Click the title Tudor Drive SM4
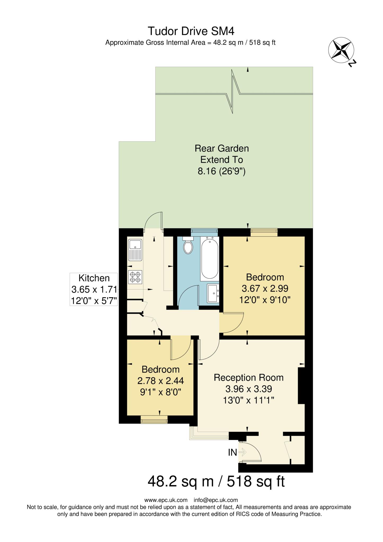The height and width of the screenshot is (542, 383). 191,31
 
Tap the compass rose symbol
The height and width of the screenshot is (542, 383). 341,50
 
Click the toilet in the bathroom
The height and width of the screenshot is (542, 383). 188,246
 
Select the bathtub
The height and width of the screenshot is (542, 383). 210,259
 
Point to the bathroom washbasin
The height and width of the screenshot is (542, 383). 213,293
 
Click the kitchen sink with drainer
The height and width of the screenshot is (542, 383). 135,250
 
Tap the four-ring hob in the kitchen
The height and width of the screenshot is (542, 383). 135,277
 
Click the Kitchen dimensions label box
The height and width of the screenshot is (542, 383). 94,289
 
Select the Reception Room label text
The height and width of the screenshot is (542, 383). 249,377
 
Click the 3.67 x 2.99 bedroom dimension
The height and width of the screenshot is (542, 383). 265,288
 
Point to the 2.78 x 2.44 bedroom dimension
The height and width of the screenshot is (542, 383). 160,381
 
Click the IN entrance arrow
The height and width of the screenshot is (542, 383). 242,452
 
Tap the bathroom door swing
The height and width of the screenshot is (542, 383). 188,296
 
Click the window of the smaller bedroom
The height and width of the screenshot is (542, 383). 154,419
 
